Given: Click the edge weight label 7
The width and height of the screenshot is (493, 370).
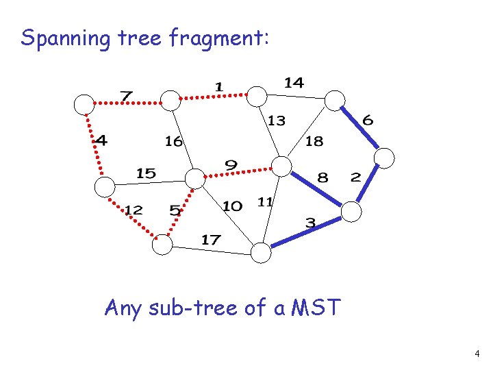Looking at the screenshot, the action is click(127, 96).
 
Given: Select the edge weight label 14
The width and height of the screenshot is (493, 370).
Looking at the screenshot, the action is click(294, 82).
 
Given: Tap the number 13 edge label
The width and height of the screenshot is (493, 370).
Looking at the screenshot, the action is click(276, 121).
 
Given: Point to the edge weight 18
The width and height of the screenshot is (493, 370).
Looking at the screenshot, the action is click(314, 141).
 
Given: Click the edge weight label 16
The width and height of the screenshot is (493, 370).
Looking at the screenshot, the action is click(174, 141).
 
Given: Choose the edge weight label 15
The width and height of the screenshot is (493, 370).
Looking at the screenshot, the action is click(146, 173).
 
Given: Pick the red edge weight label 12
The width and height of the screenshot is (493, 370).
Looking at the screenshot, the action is click(134, 210).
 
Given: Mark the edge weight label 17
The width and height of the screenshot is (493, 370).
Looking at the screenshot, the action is click(211, 239).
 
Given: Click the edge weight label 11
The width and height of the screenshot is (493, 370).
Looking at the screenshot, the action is click(265, 201).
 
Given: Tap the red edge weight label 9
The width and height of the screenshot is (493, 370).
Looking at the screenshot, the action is click(231, 165).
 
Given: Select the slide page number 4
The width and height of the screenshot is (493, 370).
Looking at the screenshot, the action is click(477, 354).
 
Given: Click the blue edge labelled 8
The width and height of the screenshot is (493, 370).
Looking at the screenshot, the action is click(317, 189).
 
